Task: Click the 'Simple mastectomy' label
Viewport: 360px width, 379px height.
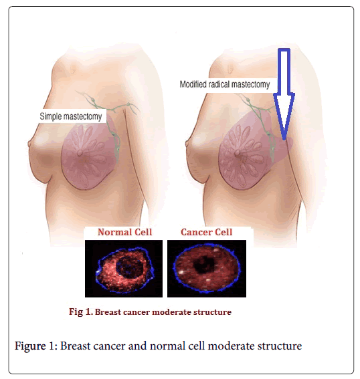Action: click(x=71, y=116)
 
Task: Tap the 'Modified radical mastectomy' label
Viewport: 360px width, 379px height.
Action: click(x=225, y=84)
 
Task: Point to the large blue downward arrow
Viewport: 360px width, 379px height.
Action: click(x=284, y=94)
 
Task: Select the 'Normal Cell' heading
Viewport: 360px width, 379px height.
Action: click(x=125, y=232)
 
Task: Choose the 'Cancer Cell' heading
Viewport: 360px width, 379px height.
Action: click(x=206, y=232)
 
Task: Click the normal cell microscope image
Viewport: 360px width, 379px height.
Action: click(x=124, y=269)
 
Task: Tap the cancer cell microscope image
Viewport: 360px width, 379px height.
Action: click(x=207, y=269)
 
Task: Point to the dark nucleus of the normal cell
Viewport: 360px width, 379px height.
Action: click(x=129, y=267)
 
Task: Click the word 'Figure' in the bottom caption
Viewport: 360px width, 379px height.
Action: click(x=31, y=346)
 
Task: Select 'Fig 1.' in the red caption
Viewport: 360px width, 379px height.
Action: click(x=81, y=311)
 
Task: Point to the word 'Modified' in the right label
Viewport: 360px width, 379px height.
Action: click(x=193, y=84)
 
